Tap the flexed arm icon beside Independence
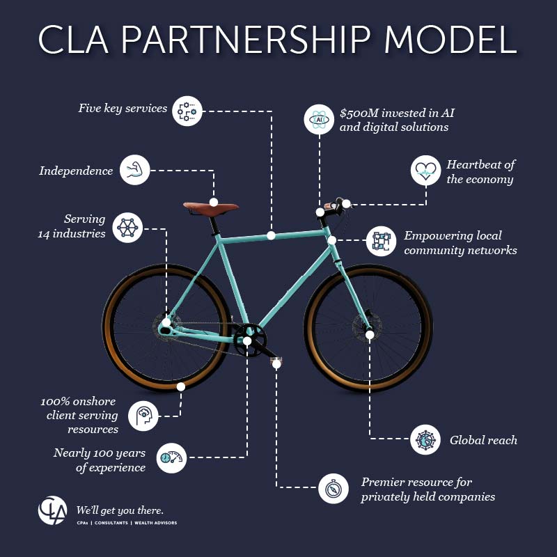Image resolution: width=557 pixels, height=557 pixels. (x=134, y=170)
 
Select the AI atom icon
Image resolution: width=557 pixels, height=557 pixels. (x=319, y=119)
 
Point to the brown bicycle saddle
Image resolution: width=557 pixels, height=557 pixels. (x=210, y=206)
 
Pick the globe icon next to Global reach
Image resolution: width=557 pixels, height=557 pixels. (x=425, y=439)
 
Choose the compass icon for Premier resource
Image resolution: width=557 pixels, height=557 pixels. (x=334, y=488)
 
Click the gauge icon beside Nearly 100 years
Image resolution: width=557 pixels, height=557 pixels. (x=171, y=457)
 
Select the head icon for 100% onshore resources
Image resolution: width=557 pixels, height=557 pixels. (x=143, y=414)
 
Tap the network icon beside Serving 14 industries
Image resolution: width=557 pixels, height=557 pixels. (x=127, y=227)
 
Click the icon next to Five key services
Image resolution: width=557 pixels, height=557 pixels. (x=187, y=110)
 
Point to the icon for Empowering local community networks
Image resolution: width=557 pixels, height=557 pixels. (x=380, y=241)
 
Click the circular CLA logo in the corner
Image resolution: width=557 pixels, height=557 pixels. (x=53, y=510)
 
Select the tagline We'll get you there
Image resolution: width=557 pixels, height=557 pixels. (x=120, y=509)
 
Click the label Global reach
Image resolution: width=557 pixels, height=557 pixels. (x=483, y=440)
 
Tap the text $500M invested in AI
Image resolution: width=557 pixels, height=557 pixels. (x=397, y=113)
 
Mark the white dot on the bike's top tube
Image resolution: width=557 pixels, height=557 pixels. (x=271, y=235)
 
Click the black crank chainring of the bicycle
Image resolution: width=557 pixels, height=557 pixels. (x=247, y=340)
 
